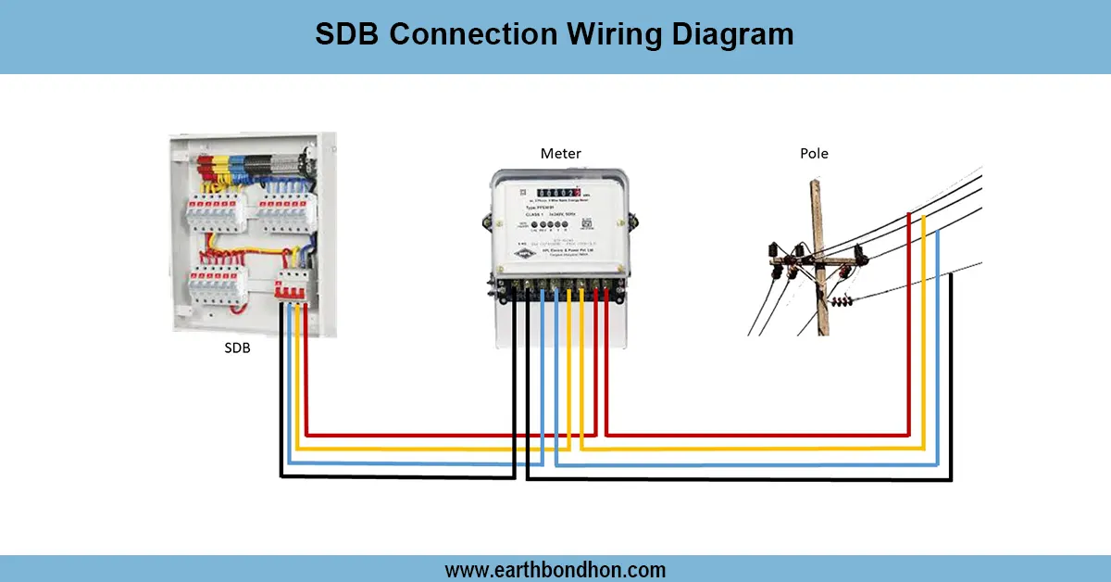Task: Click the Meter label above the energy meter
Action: click(561, 153)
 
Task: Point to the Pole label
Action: click(814, 153)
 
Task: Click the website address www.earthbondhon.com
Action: click(555, 569)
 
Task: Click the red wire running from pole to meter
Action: click(759, 434)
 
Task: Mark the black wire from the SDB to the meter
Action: click(398, 477)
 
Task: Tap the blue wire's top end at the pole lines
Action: click(938, 232)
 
